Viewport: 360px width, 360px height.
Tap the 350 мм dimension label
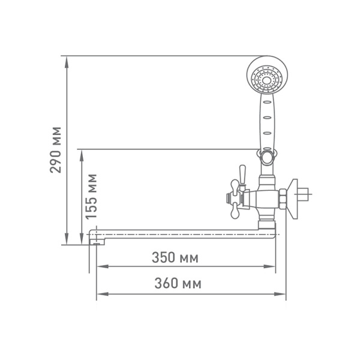click(x=175, y=258)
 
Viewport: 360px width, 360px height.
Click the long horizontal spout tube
click(x=180, y=233)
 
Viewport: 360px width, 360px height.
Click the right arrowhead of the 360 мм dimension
click(x=283, y=294)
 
